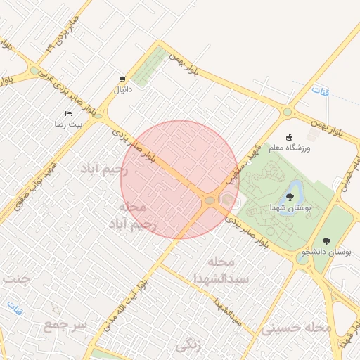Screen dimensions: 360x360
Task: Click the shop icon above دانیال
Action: point(123,79)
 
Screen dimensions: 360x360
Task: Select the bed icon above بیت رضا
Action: point(68,112)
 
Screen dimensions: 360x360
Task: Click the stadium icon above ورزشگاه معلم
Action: point(289,137)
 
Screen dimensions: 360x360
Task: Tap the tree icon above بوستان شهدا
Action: point(290,196)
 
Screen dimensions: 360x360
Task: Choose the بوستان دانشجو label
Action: point(327,251)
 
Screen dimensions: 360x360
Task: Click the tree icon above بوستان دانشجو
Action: point(326,240)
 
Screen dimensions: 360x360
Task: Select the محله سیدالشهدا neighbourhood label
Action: point(225,270)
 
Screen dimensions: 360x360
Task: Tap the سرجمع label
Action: point(64,326)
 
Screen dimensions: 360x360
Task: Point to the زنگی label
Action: point(189,345)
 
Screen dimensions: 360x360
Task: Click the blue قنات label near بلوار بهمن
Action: point(321,92)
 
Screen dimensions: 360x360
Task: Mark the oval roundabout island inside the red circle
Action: point(210,202)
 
